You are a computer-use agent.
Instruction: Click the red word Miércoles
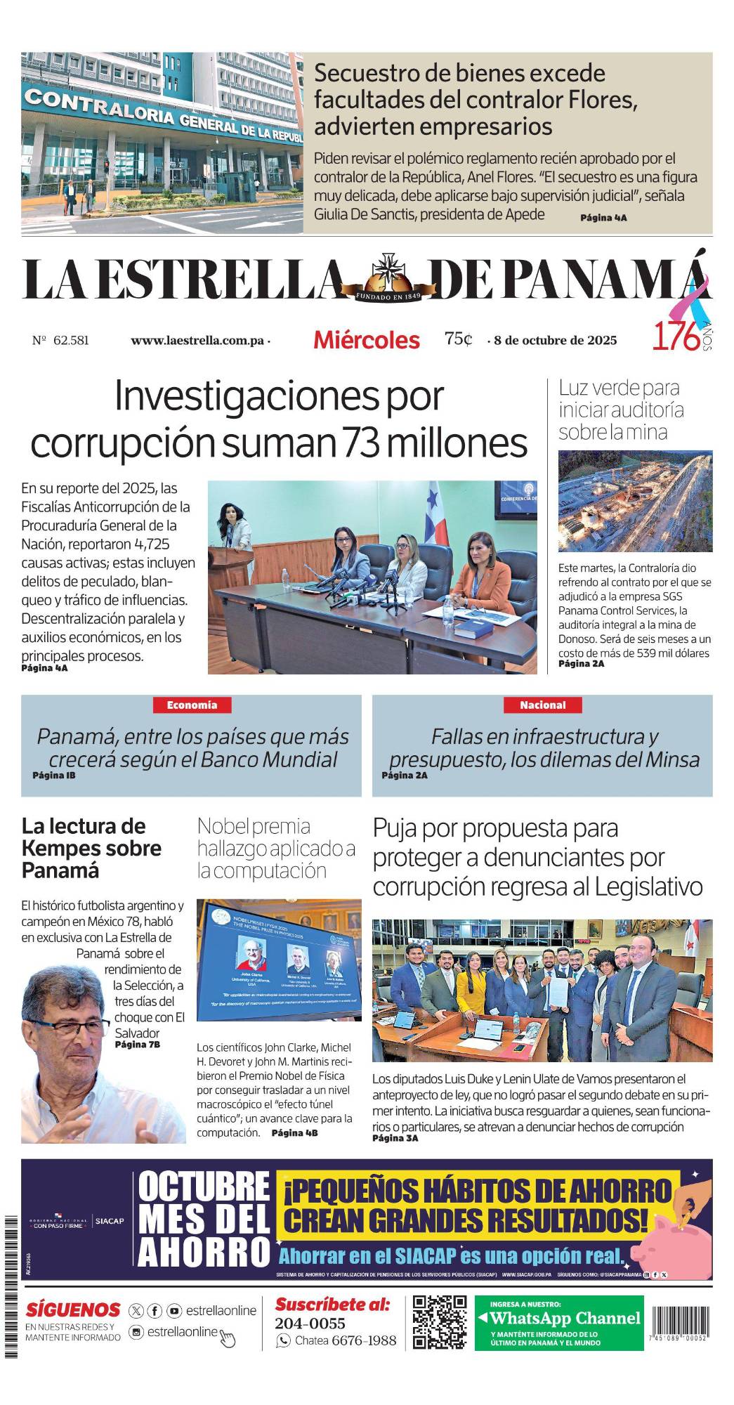pyautogui.click(x=366, y=340)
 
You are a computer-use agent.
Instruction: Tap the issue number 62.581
pyautogui.click(x=70, y=341)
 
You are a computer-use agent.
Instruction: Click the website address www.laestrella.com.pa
pyautogui.click(x=197, y=341)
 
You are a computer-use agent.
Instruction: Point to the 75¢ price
pyautogui.click(x=458, y=339)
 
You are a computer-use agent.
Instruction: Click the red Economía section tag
pyautogui.click(x=192, y=705)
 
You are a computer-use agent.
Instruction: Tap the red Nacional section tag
pyautogui.click(x=542, y=705)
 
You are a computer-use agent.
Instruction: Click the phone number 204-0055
pyautogui.click(x=310, y=1324)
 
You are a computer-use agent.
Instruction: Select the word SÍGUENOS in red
pyautogui.click(x=73, y=1310)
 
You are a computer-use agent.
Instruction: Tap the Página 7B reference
pyautogui.click(x=138, y=1045)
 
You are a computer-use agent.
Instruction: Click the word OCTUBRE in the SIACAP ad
pyautogui.click(x=204, y=1187)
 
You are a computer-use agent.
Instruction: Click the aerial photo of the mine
pyautogui.click(x=635, y=501)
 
